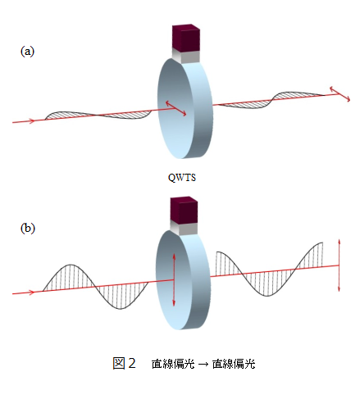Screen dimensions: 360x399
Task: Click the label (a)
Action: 27,52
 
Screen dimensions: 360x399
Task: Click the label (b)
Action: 28,228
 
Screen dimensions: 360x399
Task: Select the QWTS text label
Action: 182,178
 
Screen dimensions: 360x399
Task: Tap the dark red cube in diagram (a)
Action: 186,38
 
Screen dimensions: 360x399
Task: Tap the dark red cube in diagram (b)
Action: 184,210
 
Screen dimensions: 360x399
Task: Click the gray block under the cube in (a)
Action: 186,57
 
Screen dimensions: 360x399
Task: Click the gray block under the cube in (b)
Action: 184,228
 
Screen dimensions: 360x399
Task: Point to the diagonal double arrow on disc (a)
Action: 176,108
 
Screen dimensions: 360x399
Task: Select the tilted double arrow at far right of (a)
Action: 339,94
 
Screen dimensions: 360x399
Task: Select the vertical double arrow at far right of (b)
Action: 339,265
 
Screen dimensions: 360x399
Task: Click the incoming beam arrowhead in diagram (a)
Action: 32,120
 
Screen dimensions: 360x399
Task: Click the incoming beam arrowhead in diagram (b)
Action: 32,292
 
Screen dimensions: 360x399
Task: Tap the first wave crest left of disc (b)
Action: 71,265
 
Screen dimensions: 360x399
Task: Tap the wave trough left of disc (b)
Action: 121,308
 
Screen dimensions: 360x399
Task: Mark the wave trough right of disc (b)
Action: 267,296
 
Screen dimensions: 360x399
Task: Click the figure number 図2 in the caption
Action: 125,364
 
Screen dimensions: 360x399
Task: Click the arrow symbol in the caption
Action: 203,364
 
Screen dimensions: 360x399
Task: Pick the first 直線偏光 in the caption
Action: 173,364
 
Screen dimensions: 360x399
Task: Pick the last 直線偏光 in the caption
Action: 234,364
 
